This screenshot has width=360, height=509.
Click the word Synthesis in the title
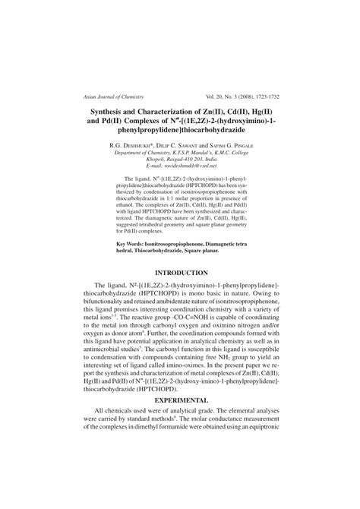pos(106,112)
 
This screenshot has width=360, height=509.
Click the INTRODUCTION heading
pos(180,271)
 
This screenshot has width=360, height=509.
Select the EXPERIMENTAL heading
pos(180,420)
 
